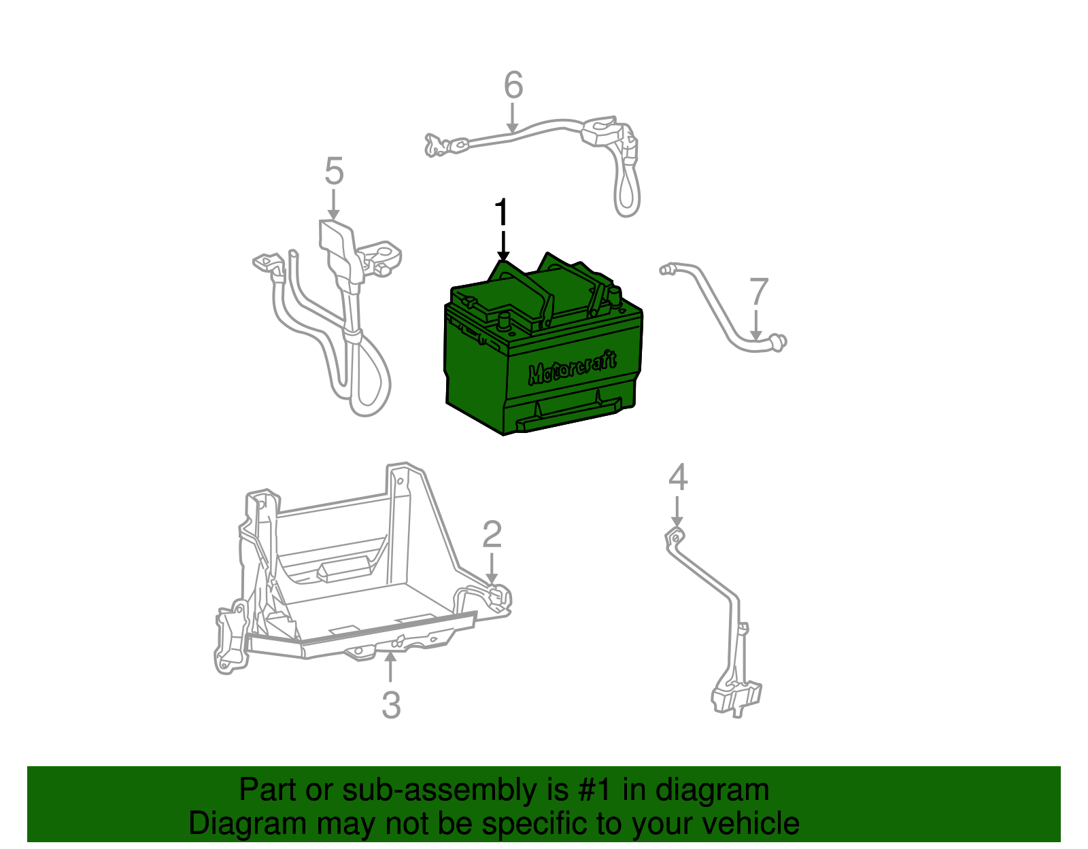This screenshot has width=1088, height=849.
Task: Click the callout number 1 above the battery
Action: pyautogui.click(x=502, y=211)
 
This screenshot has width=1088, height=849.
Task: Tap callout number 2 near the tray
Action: pyautogui.click(x=492, y=534)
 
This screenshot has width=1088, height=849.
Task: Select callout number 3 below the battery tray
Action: pyautogui.click(x=391, y=705)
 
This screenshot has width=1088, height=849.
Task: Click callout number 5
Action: pyautogui.click(x=334, y=171)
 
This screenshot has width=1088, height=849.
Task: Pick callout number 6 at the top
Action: pyautogui.click(x=513, y=84)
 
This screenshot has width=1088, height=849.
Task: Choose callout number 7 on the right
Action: pyautogui.click(x=759, y=292)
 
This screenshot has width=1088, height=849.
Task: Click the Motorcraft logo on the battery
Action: pyautogui.click(x=573, y=368)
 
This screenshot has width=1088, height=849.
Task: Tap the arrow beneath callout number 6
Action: pyautogui.click(x=512, y=118)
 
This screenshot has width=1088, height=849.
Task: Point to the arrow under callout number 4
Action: pyautogui.click(x=677, y=510)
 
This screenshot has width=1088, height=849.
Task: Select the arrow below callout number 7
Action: pyautogui.click(x=756, y=325)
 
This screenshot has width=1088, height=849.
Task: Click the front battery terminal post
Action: pyautogui.click(x=503, y=320)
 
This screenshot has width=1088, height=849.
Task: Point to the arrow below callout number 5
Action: pyautogui.click(x=333, y=205)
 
